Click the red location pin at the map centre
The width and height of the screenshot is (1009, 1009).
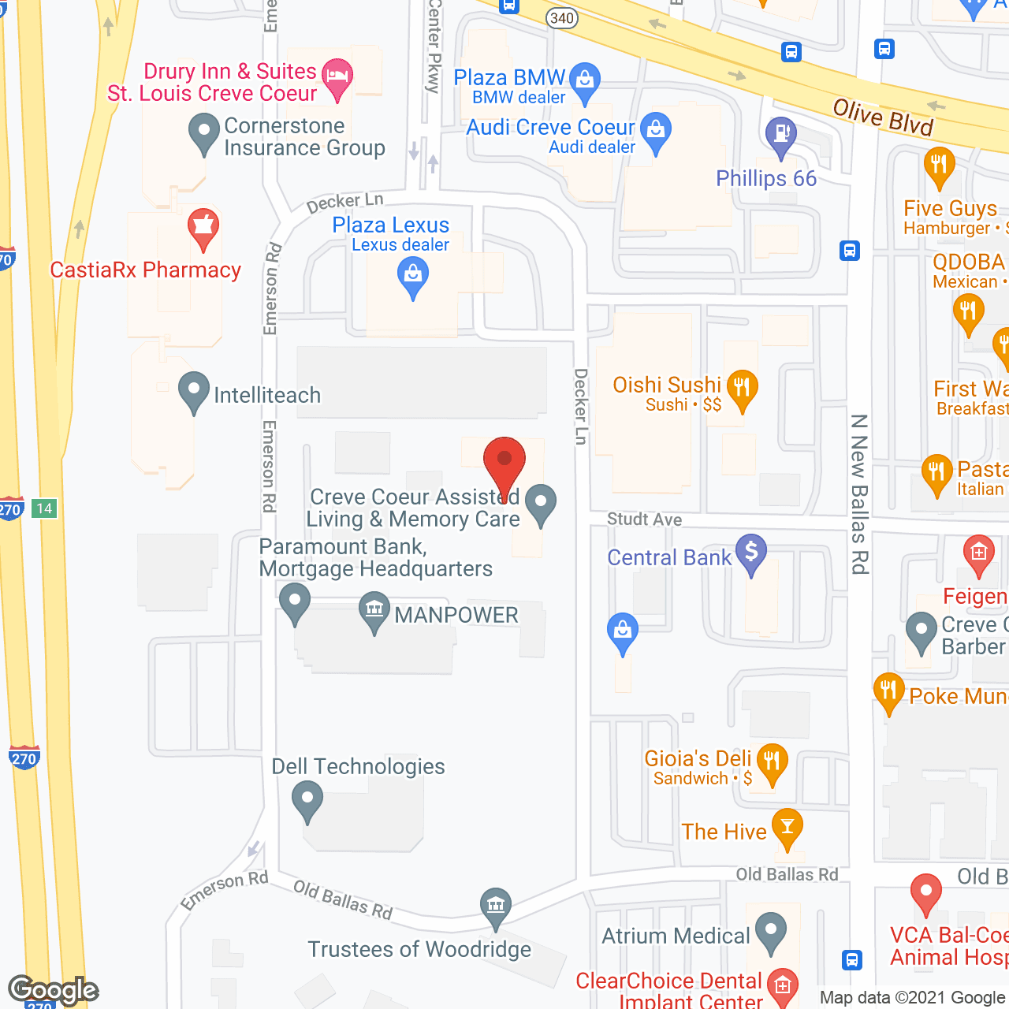[504, 460]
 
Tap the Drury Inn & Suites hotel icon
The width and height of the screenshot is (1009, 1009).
[337, 77]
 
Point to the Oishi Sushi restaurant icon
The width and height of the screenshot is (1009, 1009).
[741, 387]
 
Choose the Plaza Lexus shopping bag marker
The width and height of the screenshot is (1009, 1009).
[412, 277]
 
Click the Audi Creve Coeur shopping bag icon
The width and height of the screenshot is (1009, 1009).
[655, 129]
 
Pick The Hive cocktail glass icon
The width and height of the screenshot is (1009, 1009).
[787, 826]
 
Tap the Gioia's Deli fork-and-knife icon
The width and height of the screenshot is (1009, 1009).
[772, 761]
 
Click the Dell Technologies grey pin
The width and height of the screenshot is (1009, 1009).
[307, 799]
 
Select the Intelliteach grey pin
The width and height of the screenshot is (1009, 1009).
[194, 389]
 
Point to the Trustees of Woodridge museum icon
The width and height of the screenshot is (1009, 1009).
[496, 905]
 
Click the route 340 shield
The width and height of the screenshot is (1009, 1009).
[562, 18]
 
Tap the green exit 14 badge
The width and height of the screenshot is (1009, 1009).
[44, 508]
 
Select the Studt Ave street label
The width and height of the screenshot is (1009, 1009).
[644, 519]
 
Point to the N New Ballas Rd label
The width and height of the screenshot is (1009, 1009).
[860, 494]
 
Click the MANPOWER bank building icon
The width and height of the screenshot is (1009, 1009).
[374, 610]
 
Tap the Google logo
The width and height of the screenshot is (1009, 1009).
[53, 990]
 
